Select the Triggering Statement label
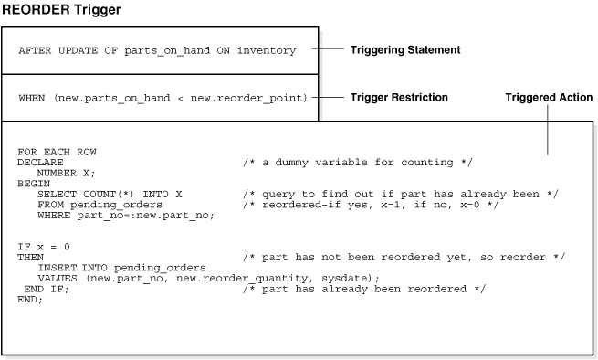(405, 49)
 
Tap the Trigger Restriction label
(399, 97)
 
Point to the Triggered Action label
(549, 97)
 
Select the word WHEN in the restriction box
(30, 97)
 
